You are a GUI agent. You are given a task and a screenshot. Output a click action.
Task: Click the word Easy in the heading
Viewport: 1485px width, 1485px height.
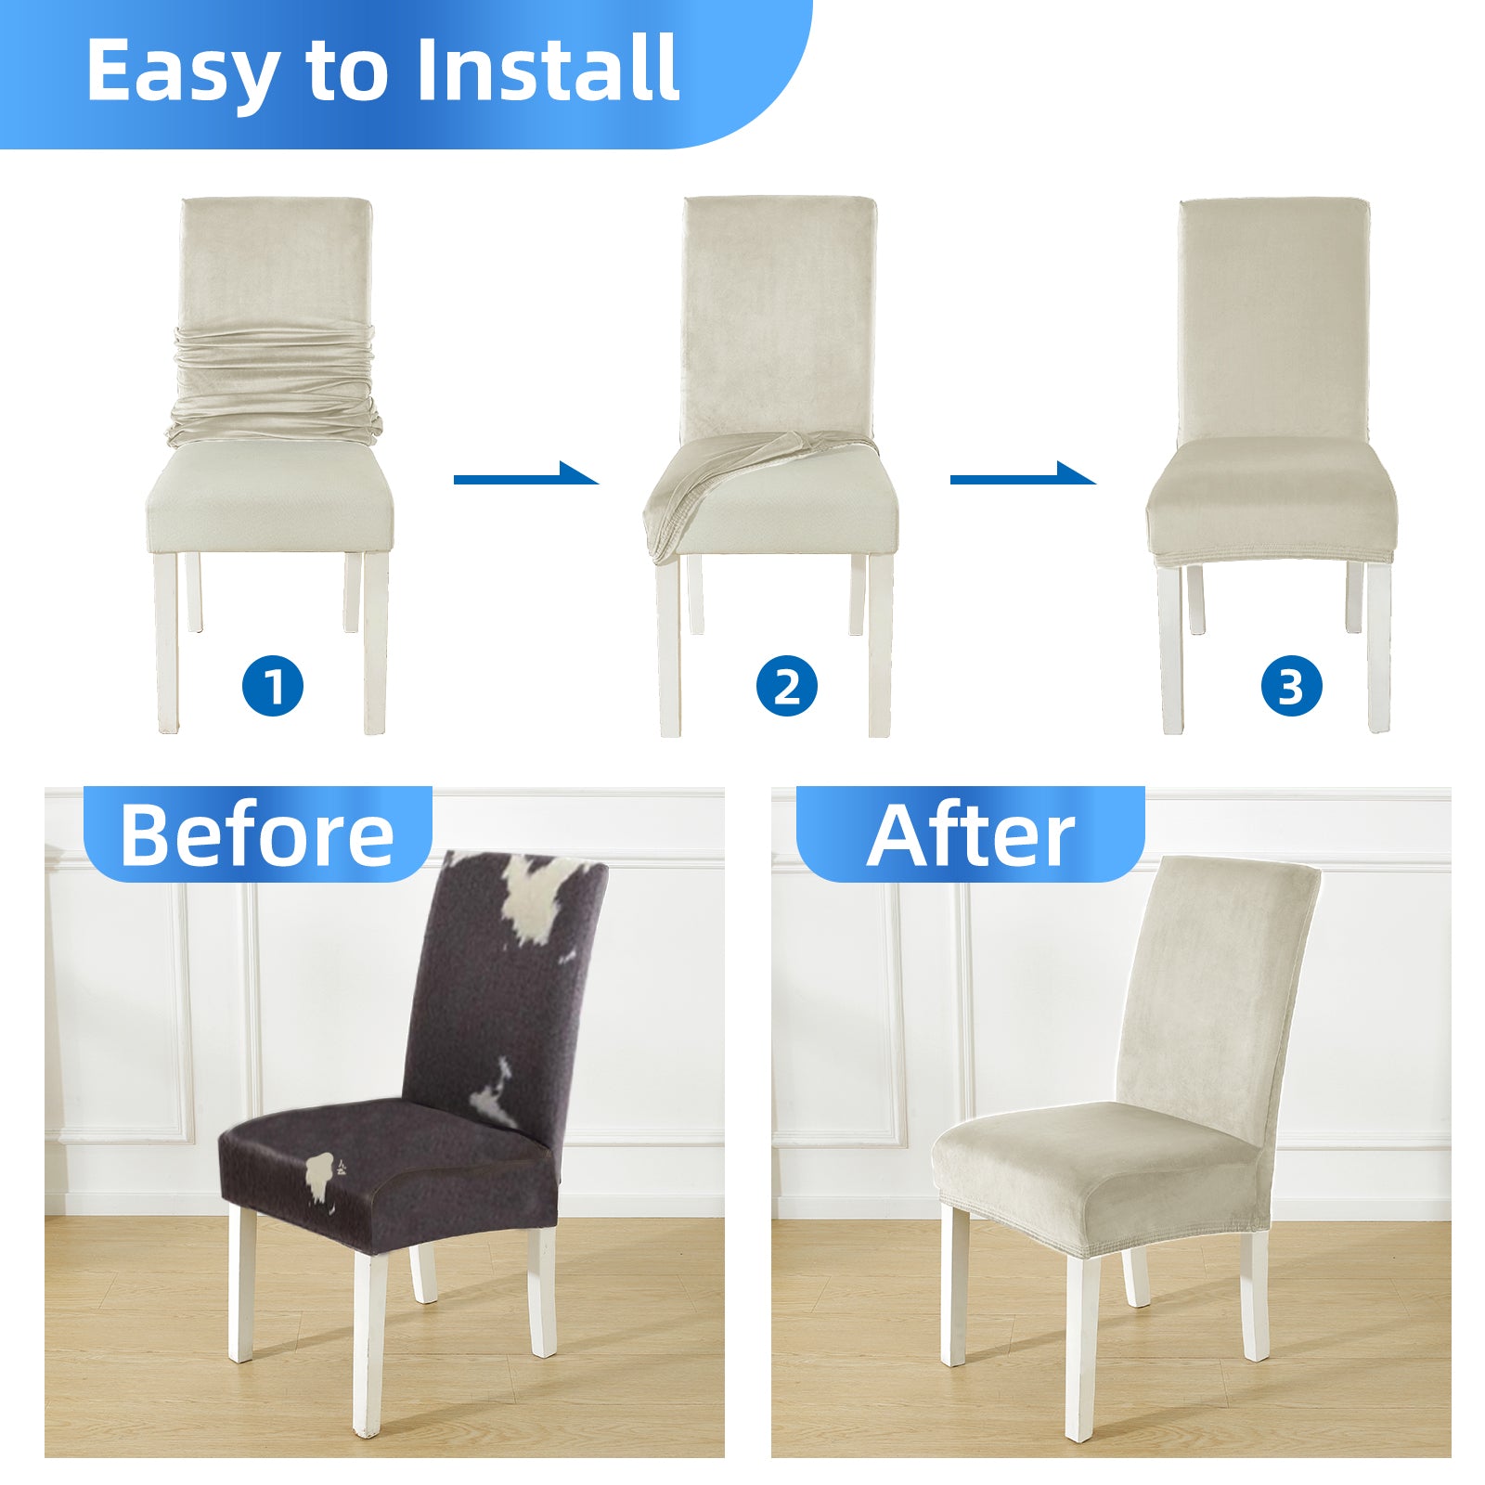[182, 71]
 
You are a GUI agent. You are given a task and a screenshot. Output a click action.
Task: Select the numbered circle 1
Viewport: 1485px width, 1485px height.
[273, 687]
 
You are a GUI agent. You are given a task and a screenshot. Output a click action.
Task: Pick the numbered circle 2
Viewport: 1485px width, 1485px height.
[786, 687]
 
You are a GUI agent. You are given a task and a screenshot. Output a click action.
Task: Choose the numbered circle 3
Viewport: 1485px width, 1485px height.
[1291, 687]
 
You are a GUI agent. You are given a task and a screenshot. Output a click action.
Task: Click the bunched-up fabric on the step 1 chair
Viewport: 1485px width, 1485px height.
[275, 384]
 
